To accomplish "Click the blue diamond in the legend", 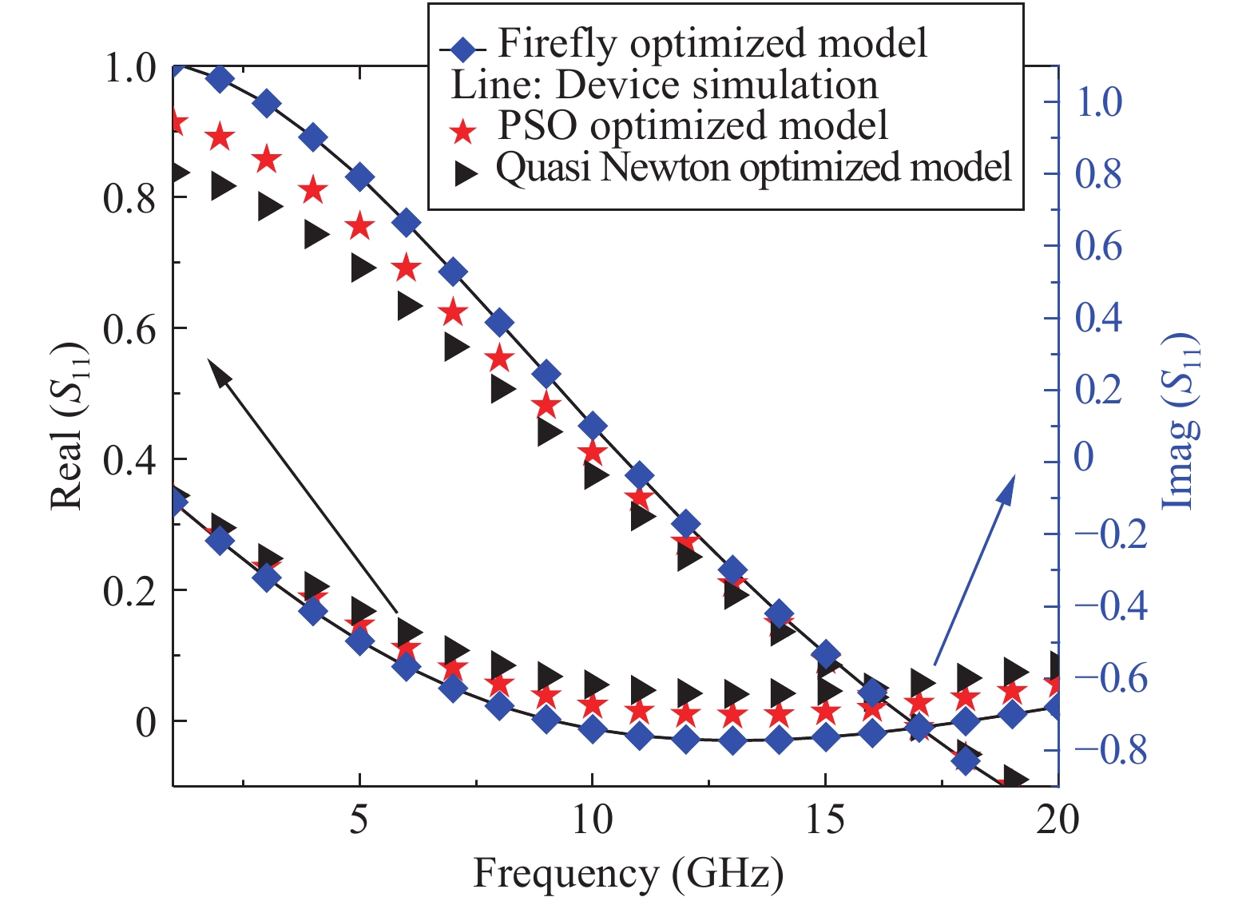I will click(462, 50).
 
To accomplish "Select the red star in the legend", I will click(463, 130).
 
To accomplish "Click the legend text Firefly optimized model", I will click(712, 43).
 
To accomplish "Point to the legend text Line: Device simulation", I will click(664, 85).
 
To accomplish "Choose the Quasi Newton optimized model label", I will click(753, 168).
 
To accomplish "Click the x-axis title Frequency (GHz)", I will click(628, 873).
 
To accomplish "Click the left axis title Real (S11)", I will click(68, 426).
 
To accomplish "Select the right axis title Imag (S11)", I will click(1180, 421).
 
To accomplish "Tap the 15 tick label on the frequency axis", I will click(824, 820).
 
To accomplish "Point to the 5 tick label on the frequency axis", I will click(359, 820).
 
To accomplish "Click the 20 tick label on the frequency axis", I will click(1057, 820).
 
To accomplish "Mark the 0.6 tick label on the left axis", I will click(129, 329).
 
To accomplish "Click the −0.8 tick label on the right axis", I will click(1111, 750).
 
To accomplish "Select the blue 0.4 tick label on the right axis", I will click(1098, 317).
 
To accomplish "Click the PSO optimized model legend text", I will click(692, 125).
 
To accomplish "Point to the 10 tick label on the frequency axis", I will click(592, 820).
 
